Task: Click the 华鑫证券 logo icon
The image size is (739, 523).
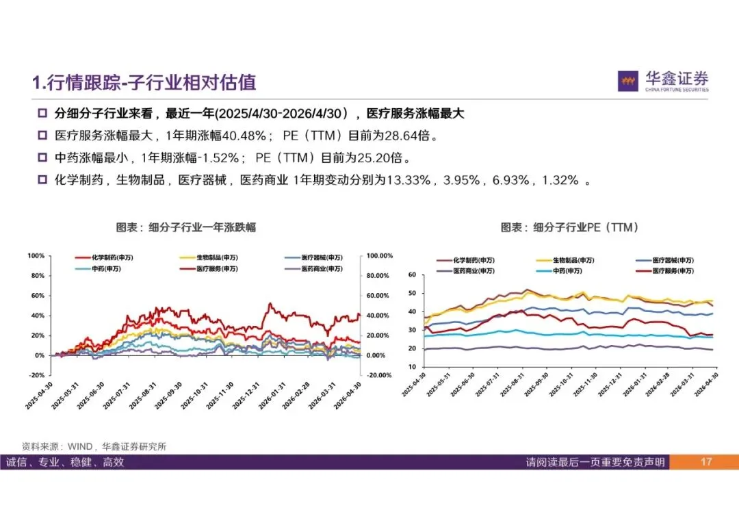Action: point(627,81)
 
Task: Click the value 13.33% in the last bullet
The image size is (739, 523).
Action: point(408,179)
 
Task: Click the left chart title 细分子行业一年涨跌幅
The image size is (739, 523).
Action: point(202,227)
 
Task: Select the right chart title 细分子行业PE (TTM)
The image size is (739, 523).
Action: point(586,227)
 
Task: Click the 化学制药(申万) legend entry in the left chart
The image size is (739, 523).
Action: point(104,257)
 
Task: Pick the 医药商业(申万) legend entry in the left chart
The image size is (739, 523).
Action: point(313,269)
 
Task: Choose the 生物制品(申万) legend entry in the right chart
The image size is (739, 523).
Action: point(566,260)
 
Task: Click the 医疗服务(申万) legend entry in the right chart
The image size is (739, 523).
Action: point(665,271)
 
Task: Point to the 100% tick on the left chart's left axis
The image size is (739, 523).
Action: point(36,255)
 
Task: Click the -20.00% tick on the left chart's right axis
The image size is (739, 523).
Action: point(379,375)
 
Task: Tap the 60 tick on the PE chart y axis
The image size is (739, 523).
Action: point(413,275)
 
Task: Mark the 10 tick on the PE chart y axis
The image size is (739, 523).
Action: point(413,367)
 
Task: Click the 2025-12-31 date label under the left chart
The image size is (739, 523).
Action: point(246,395)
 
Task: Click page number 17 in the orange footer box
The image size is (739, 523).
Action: point(705,461)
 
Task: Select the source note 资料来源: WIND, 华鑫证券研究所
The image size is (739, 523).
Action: point(94,446)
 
